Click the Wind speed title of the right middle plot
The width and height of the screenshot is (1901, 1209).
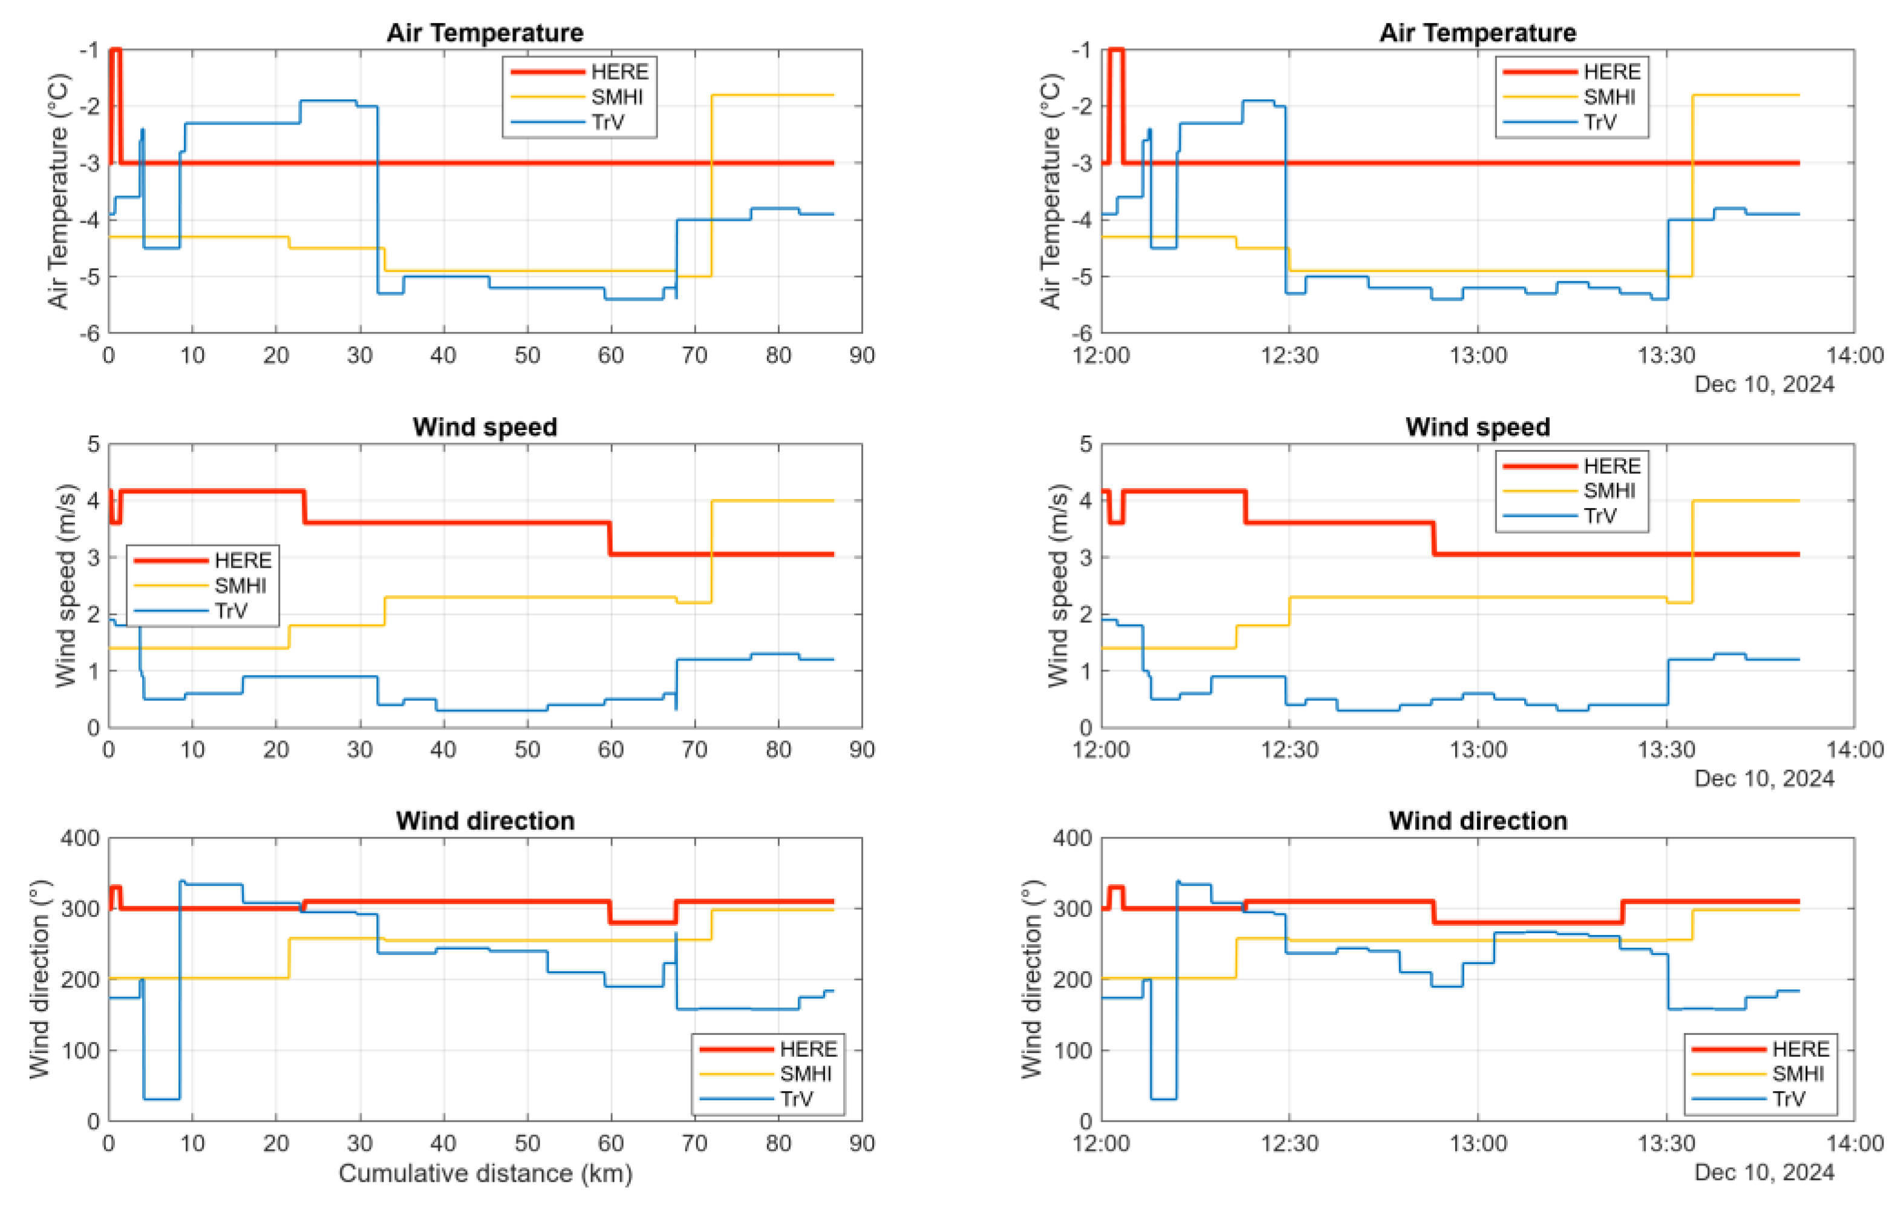(1477, 427)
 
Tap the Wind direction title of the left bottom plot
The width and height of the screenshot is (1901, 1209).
(484, 821)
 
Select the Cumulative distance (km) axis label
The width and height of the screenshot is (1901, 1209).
(484, 1173)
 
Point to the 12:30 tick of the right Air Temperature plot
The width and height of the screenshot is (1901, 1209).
(1289, 355)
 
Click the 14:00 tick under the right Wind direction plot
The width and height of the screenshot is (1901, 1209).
(1854, 1144)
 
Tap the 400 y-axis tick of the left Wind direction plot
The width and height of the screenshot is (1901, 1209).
(80, 838)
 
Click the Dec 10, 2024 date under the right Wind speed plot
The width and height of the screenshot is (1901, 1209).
(1764, 778)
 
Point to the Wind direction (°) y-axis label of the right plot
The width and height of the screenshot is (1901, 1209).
(1032, 979)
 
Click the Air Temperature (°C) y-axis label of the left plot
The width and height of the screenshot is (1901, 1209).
(59, 191)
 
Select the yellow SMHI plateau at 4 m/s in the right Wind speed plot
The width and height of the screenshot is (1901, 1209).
(1745, 500)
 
